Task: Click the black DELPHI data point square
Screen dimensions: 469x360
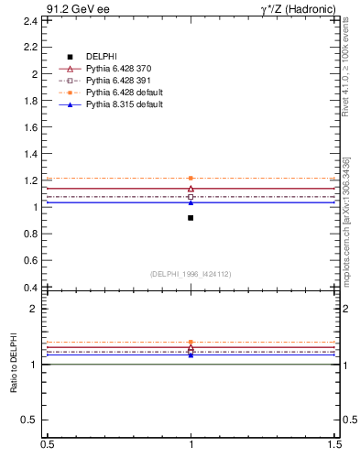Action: pyautogui.click(x=191, y=218)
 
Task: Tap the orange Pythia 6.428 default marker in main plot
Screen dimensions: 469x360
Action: pyautogui.click(x=191, y=178)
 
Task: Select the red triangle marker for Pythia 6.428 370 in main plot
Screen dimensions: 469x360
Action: pyautogui.click(x=191, y=189)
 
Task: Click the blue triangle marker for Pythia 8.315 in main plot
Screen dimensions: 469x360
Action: pyautogui.click(x=191, y=202)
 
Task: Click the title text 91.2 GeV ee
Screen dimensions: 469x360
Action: pyautogui.click(x=78, y=8)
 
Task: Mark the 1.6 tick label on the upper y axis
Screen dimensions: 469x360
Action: pyautogui.click(x=31, y=126)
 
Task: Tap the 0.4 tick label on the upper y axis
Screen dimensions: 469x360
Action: pyautogui.click(x=31, y=288)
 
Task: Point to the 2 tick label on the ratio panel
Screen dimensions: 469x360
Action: pyautogui.click(x=35, y=309)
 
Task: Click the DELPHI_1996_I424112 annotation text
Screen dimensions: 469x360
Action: pyautogui.click(x=191, y=274)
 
